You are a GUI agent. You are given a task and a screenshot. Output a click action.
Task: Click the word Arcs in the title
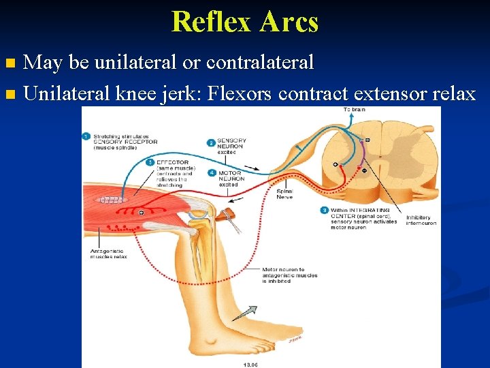tap(288, 21)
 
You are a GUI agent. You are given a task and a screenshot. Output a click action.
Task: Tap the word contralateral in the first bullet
tap(260, 63)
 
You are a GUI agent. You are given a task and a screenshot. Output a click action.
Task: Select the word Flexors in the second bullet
tap(238, 93)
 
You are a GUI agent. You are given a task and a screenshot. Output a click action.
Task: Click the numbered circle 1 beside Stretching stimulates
tap(86, 136)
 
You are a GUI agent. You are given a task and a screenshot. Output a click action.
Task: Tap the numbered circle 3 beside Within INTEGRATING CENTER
tap(325, 211)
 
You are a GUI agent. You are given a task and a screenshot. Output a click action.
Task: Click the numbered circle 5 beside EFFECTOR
tap(150, 162)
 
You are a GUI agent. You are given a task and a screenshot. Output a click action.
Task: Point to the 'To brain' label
tap(354, 110)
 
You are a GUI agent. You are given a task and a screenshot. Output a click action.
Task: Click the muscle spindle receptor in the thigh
tap(113, 200)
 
